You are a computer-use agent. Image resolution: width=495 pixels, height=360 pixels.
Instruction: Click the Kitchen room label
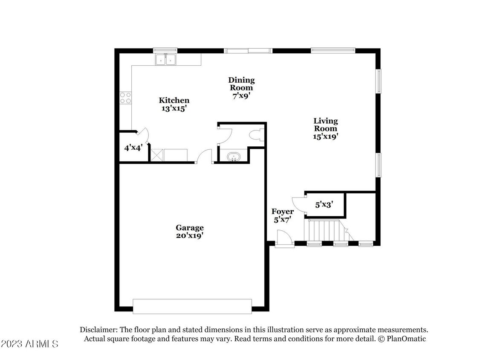point(174,100)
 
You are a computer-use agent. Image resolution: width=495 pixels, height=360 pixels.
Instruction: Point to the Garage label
point(190,228)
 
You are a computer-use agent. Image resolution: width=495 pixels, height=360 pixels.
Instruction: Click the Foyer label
point(283,212)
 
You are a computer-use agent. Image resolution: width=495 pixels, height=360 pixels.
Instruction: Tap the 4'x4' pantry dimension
point(132,148)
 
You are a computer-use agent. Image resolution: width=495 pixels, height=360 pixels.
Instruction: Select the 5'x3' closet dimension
point(324,204)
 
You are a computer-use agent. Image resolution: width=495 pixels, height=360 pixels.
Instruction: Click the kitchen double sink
point(165,60)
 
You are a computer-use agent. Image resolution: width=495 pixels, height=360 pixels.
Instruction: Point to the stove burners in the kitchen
point(125,98)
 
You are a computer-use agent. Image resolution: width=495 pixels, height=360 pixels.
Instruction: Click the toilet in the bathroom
point(258,136)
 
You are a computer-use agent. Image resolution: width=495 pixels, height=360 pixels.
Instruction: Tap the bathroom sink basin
point(233,157)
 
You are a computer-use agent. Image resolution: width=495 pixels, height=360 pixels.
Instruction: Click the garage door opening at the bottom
point(192,306)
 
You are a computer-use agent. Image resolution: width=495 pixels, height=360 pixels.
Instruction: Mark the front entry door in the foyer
point(284,238)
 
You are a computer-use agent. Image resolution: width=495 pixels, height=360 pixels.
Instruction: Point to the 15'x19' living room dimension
point(326,136)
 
